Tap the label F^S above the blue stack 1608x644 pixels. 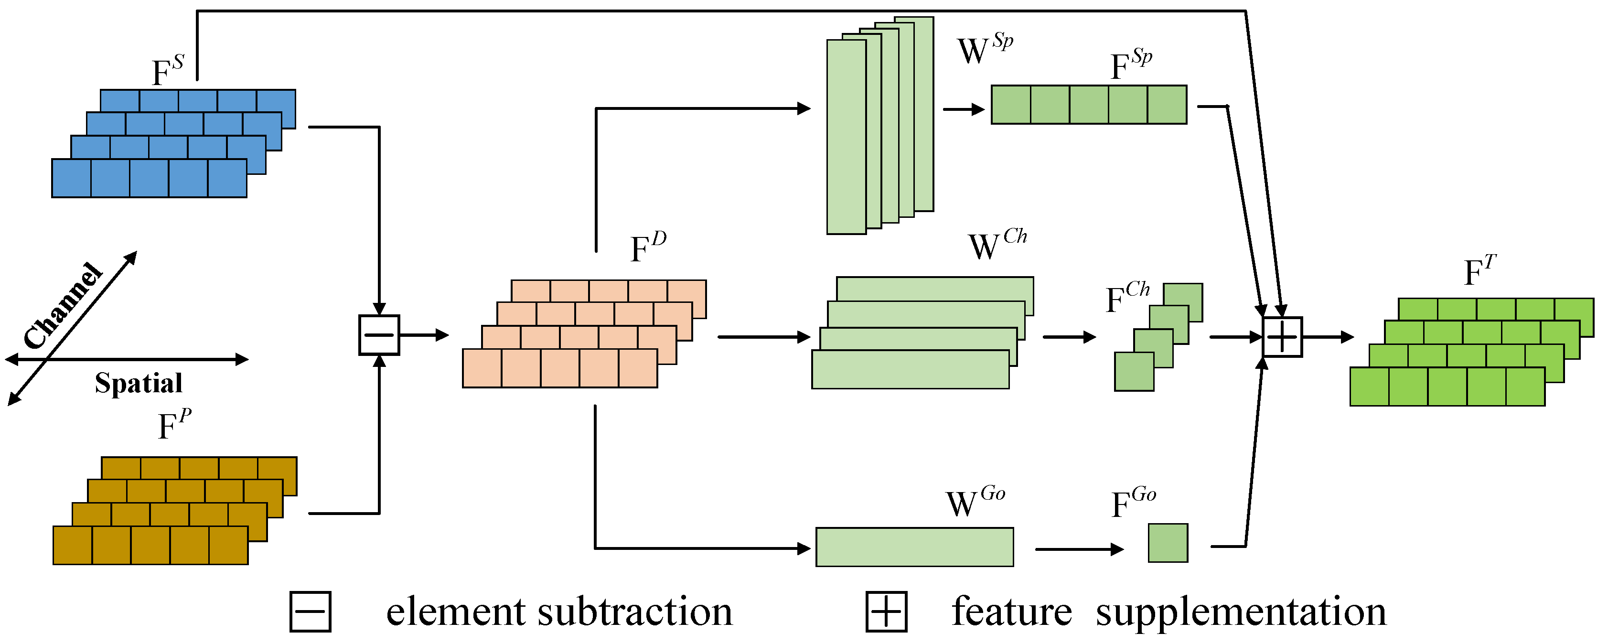point(168,71)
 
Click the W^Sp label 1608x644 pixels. point(985,49)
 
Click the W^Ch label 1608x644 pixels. point(996,245)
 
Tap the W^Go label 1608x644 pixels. point(975,502)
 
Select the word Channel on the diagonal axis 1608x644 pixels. point(63,305)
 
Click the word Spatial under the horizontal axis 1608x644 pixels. point(139,383)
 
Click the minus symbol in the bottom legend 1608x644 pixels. point(310,612)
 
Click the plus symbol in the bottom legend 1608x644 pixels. point(886,612)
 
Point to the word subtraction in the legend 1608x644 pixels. point(634,612)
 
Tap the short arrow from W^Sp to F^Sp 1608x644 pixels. point(963,109)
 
